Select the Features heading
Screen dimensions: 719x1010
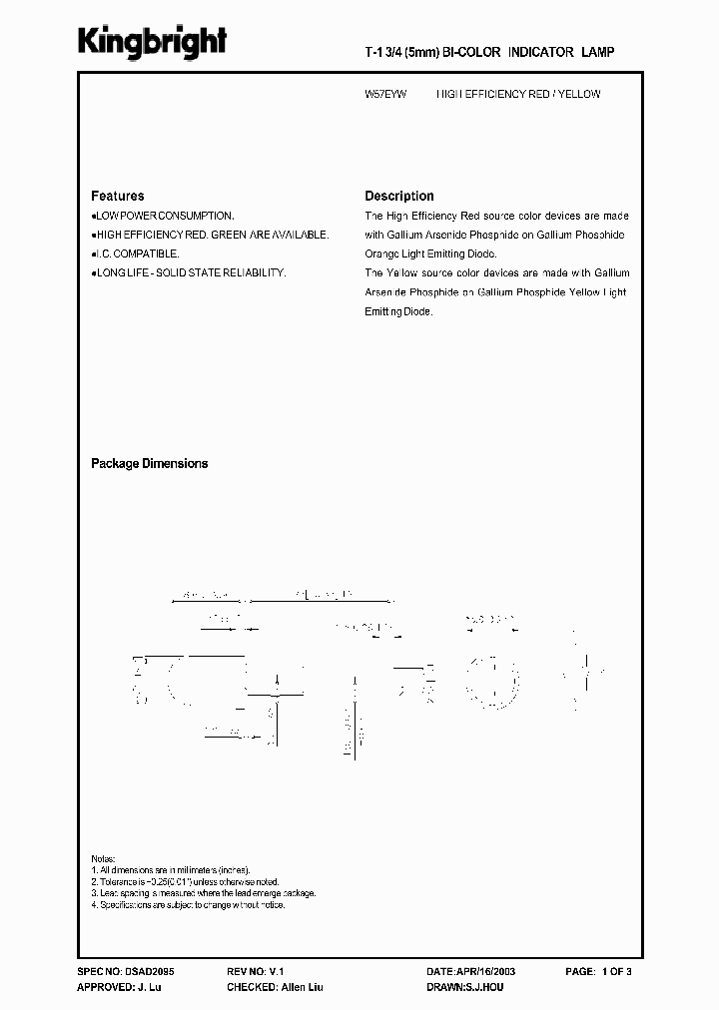[x=117, y=197]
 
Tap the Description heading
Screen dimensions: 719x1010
[x=398, y=197]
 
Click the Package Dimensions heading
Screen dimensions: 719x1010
[x=149, y=464]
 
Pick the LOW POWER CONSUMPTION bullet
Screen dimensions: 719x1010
[x=164, y=216]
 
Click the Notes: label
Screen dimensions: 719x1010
[x=103, y=858]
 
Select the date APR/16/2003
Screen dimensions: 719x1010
[x=487, y=970]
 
